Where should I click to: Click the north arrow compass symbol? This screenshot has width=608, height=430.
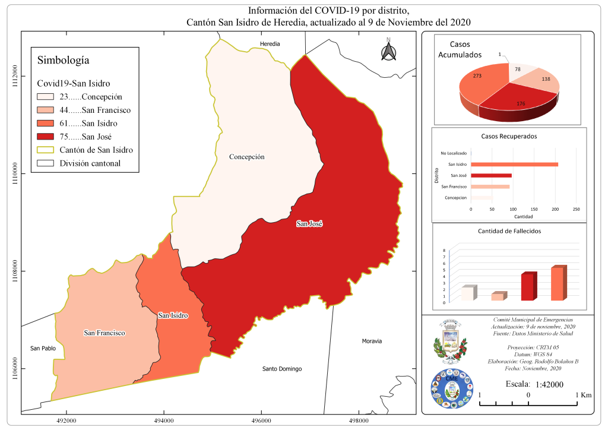[388, 50]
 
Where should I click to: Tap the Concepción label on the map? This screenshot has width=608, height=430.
[246, 157]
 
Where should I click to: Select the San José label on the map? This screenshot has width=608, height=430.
[309, 224]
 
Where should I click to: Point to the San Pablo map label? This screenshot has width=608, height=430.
[43, 348]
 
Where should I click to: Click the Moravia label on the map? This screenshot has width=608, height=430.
[372, 341]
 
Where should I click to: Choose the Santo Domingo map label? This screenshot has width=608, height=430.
[282, 369]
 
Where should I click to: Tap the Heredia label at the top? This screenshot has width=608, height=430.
[270, 44]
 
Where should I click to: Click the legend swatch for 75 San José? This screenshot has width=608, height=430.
[45, 137]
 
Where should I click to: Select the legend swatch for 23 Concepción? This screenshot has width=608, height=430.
[45, 97]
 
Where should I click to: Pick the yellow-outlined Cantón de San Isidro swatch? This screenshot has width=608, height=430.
[45, 150]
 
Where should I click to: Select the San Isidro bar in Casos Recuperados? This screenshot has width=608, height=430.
[514, 164]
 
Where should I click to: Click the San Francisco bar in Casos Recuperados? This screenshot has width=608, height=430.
[490, 186]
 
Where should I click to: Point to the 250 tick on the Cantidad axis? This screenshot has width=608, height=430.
[576, 209]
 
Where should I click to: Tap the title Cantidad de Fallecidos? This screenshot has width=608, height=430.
[509, 231]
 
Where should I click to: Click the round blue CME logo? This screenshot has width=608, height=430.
[452, 389]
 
